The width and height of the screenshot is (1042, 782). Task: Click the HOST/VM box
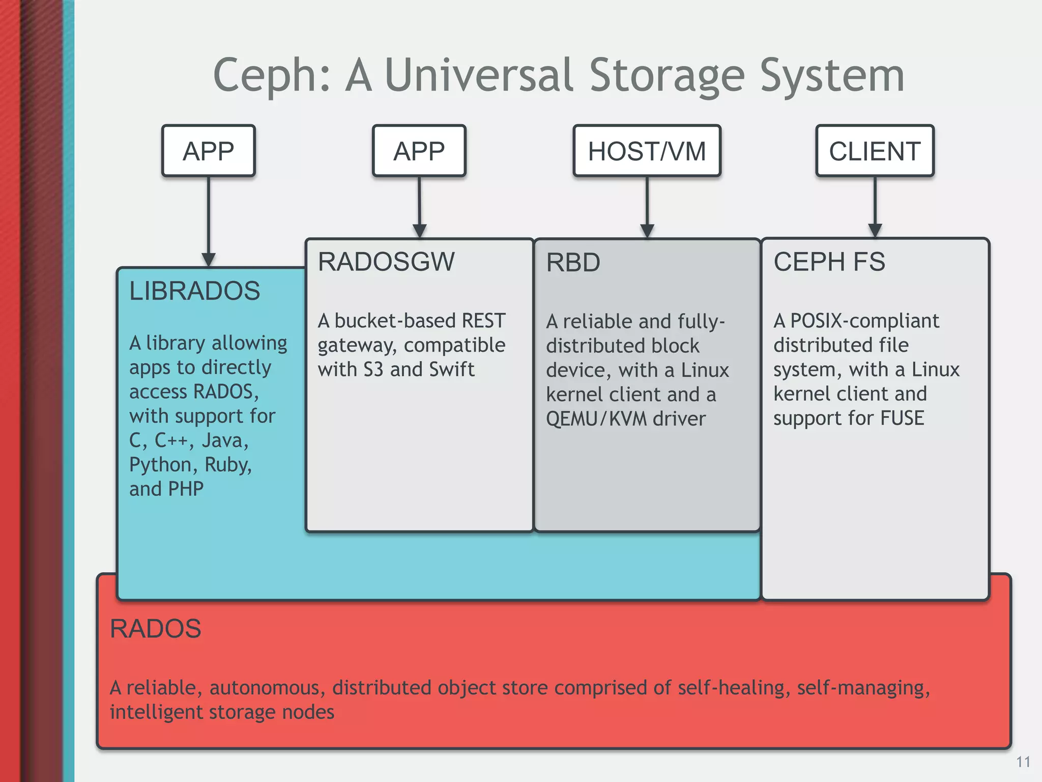pyautogui.click(x=647, y=151)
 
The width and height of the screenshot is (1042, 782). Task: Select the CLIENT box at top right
pyautogui.click(x=875, y=151)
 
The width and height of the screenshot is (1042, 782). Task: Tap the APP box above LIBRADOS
pyautogui.click(x=208, y=151)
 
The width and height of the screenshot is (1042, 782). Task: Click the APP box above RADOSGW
pyautogui.click(x=419, y=151)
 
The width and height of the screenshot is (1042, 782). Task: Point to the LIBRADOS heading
pyautogui.click(x=194, y=291)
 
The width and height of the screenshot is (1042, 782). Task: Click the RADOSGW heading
pyautogui.click(x=386, y=262)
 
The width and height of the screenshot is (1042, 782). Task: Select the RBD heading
pyautogui.click(x=573, y=263)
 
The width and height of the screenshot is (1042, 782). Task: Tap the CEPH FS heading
pyautogui.click(x=829, y=262)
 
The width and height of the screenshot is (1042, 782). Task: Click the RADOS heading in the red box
pyautogui.click(x=155, y=629)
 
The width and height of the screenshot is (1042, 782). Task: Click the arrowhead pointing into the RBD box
pyautogui.click(x=647, y=231)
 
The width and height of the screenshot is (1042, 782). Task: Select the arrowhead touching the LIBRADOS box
pyautogui.click(x=208, y=260)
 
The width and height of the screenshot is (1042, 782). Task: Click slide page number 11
pyautogui.click(x=1023, y=762)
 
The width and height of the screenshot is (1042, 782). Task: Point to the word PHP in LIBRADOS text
pyautogui.click(x=185, y=489)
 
